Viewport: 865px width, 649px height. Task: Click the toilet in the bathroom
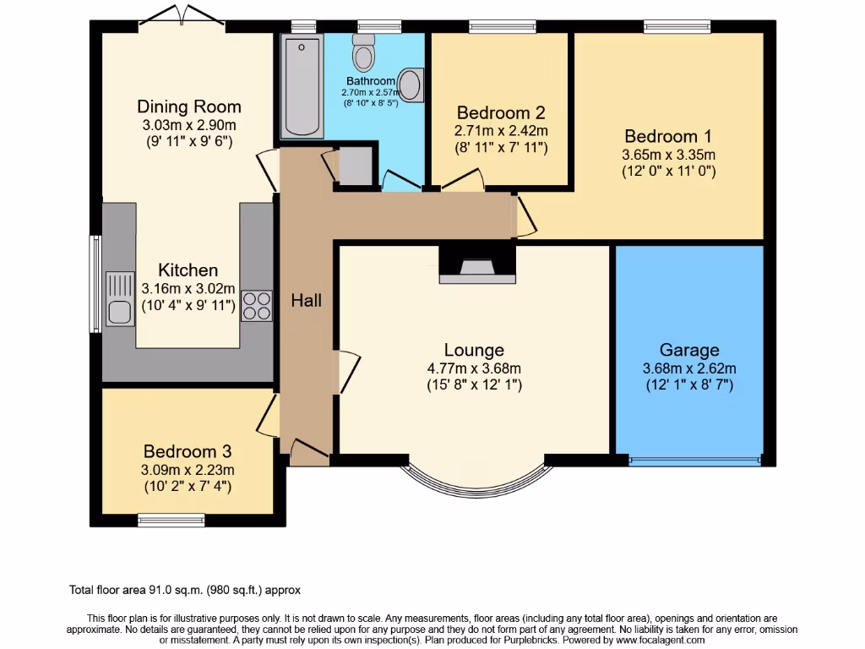pos(365,53)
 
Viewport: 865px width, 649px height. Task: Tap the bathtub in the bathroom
pos(301,85)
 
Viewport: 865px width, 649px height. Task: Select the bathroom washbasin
pos(411,85)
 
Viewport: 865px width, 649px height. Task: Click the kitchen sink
pos(119,299)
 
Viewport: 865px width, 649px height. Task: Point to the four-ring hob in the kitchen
pos(256,305)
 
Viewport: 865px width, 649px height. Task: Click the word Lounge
pos(474,350)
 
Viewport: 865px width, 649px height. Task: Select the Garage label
pos(689,350)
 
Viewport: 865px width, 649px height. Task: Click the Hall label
pos(307,300)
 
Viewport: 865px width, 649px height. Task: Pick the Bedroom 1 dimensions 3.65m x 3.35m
pos(668,155)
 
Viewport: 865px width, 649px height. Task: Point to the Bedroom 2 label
pos(500,112)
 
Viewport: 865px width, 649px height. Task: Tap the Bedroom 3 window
pos(171,520)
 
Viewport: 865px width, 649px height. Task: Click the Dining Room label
pos(189,106)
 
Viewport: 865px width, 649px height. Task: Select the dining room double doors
pos(182,21)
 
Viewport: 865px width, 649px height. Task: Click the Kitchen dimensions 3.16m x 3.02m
pos(189,289)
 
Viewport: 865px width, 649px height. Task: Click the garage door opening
pos(694,461)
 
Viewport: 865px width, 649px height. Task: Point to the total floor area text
pos(184,590)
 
